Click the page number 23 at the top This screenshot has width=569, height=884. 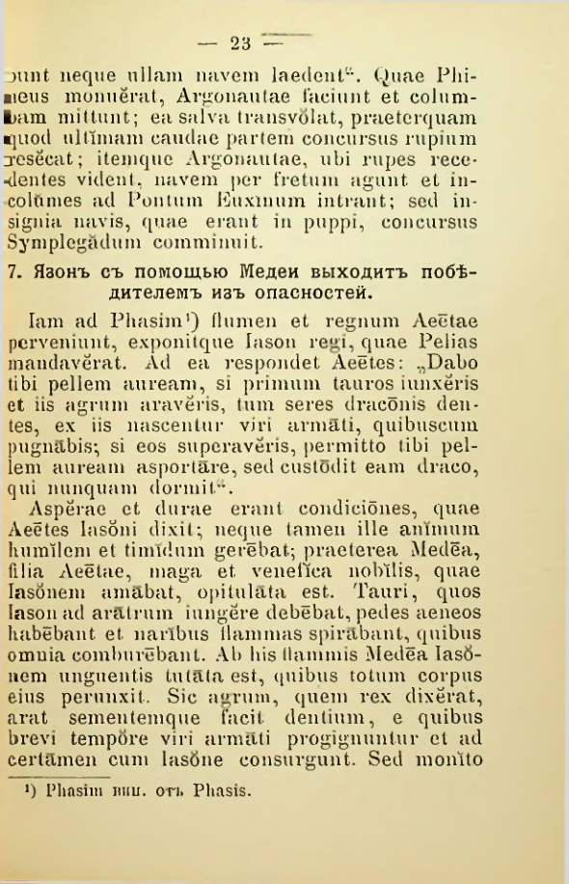coord(240,42)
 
